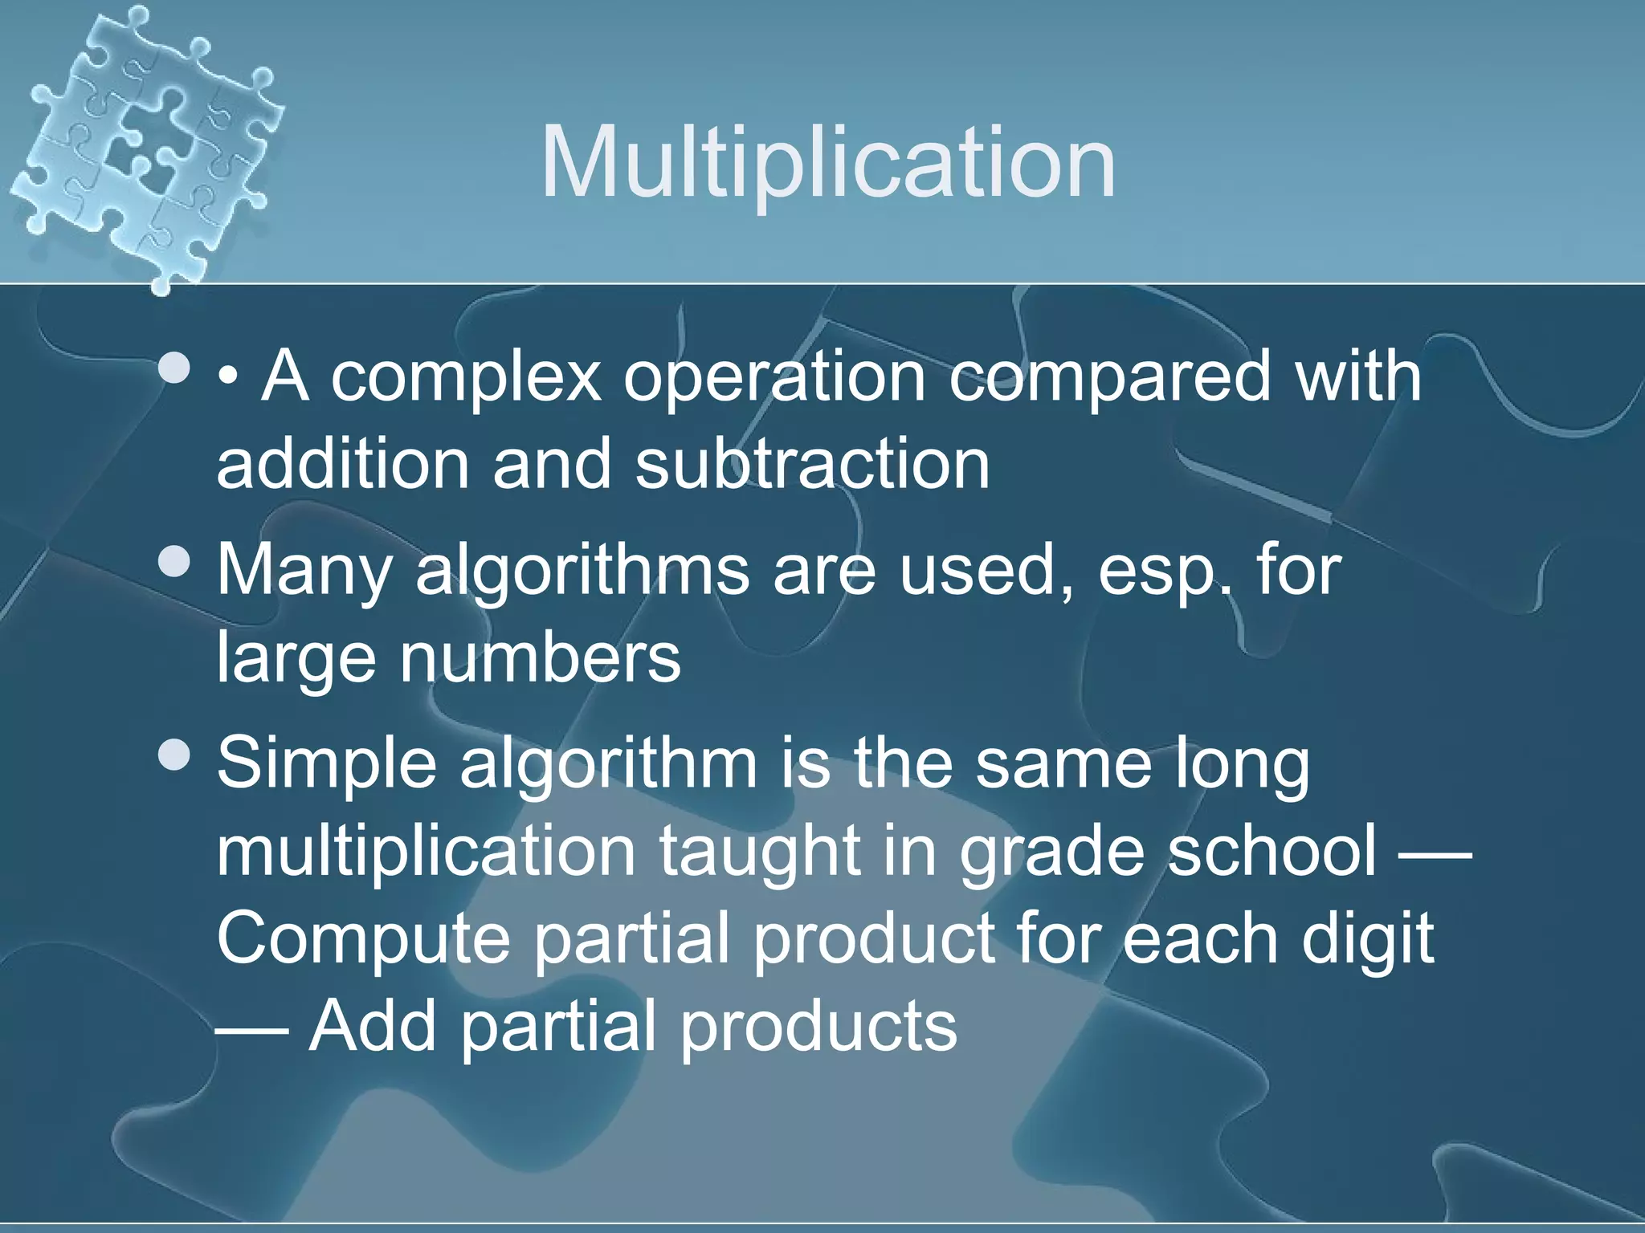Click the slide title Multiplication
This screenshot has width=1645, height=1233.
click(828, 165)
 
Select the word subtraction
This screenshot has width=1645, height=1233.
click(812, 465)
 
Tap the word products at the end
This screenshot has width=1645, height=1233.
click(818, 1027)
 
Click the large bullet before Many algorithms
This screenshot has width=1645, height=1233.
click(174, 562)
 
